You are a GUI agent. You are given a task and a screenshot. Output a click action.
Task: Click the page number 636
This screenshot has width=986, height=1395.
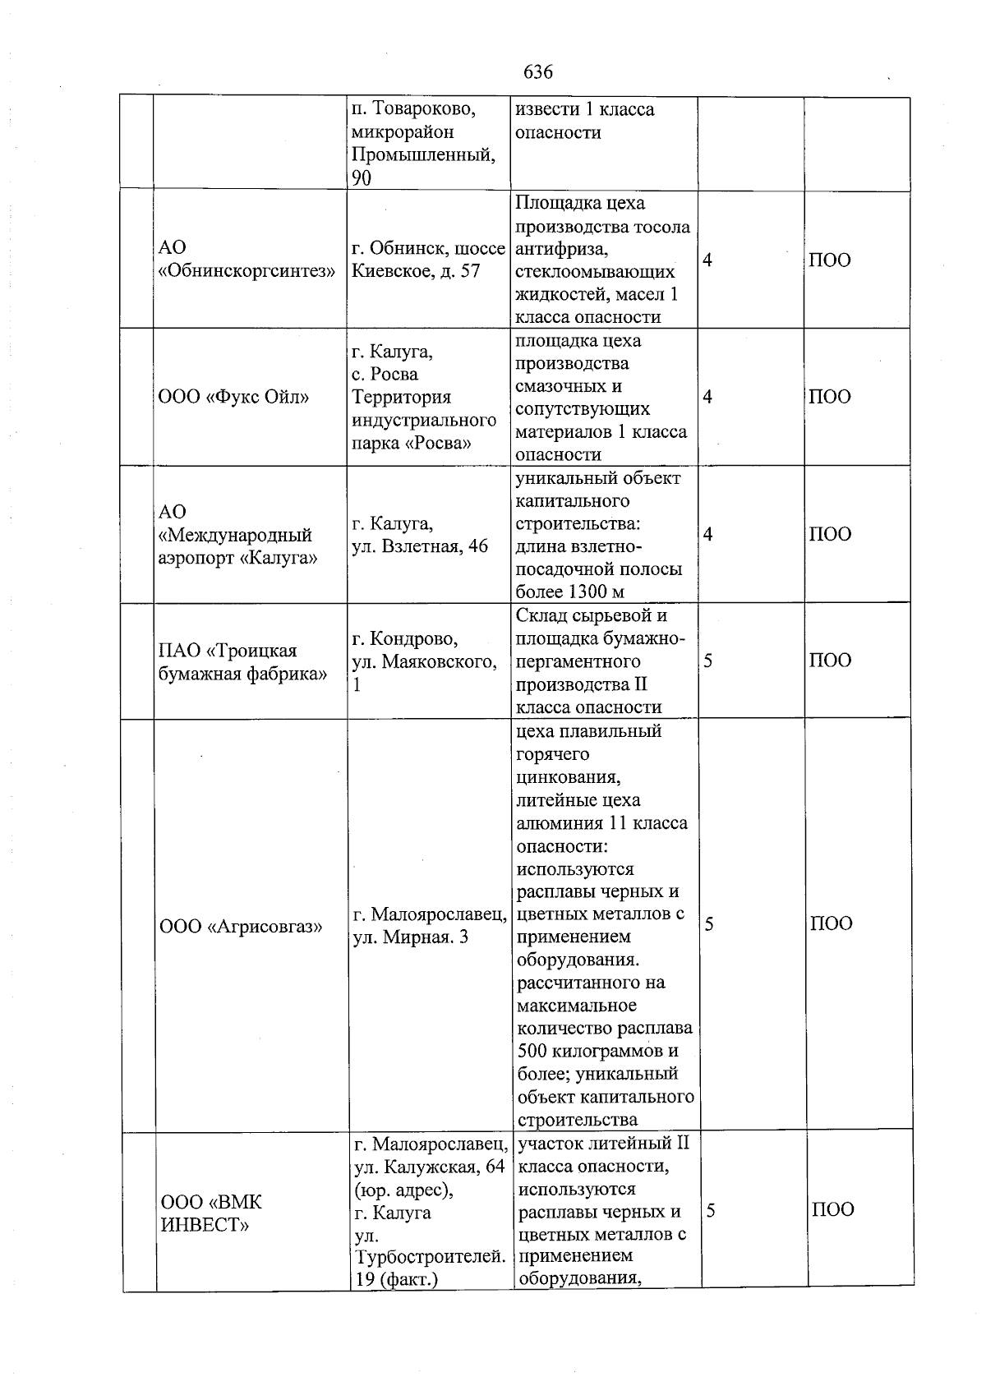[x=538, y=71]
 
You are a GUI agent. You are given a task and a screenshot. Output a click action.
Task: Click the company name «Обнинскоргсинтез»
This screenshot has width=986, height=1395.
[x=246, y=271]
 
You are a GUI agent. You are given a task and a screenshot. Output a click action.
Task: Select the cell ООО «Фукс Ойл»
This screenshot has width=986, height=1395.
[x=233, y=398]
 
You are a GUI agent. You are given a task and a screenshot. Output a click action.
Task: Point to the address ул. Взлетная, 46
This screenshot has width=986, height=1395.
[x=420, y=546]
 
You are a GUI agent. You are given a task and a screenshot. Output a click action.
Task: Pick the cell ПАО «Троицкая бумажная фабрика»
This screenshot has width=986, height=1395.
[x=242, y=662]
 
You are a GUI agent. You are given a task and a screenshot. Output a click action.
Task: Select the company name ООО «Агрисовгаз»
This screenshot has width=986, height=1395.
[x=240, y=927]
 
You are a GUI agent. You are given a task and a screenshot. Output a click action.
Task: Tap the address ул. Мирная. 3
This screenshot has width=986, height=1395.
[x=410, y=937]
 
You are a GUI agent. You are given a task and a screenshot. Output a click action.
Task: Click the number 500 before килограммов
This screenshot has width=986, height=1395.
[x=534, y=1051]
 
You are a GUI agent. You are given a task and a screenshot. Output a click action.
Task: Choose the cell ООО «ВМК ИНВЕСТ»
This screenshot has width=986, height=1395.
[x=210, y=1213]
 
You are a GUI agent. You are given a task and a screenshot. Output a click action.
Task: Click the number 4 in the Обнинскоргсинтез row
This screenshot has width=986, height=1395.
[x=707, y=260]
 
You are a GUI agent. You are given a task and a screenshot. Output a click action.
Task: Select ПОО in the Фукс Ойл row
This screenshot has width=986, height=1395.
[x=830, y=397]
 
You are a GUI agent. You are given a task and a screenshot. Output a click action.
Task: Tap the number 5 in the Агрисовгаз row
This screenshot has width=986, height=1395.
[x=709, y=924]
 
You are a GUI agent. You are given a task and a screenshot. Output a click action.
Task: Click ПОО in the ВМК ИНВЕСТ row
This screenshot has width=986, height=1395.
[x=833, y=1209]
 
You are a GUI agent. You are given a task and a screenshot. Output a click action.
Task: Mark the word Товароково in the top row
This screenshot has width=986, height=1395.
[x=422, y=109]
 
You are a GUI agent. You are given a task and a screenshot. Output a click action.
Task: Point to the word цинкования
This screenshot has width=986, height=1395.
[x=567, y=777]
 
